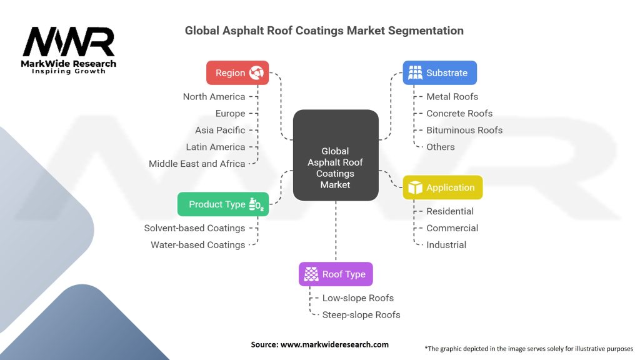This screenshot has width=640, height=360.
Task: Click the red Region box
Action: (237, 72)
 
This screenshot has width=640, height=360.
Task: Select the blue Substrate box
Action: (439, 72)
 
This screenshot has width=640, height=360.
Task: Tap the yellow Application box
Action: (442, 187)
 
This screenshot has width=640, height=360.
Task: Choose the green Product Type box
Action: (223, 204)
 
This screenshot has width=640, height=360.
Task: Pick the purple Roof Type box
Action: (336, 274)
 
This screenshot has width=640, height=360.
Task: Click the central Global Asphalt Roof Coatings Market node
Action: (336, 155)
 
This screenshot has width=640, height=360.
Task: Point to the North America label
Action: (214, 97)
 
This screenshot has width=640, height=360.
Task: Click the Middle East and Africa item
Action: (197, 164)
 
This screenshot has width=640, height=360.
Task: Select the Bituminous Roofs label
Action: (464, 130)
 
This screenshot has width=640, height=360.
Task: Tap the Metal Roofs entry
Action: (452, 97)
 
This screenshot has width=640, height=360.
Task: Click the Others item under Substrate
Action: (441, 147)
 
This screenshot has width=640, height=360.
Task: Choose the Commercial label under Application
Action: (452, 228)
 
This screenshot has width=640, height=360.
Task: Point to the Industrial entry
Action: (446, 245)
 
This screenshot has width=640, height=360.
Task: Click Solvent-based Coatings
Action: (194, 228)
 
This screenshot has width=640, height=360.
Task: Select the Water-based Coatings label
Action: (198, 245)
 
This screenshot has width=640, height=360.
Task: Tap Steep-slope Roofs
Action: (361, 315)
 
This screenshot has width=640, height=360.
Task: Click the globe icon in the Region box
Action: (256, 72)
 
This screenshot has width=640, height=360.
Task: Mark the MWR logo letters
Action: (69, 42)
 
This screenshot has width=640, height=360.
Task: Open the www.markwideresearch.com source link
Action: (334, 344)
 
